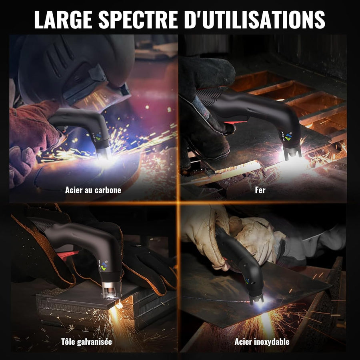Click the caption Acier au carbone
point(93,190)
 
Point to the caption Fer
point(260,190)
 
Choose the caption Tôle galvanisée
point(86,342)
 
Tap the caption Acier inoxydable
point(262,342)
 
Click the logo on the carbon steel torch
point(98,136)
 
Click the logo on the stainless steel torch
point(247,281)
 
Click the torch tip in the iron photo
point(292,154)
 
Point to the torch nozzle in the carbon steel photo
point(104,153)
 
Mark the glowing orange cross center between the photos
point(178,203)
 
